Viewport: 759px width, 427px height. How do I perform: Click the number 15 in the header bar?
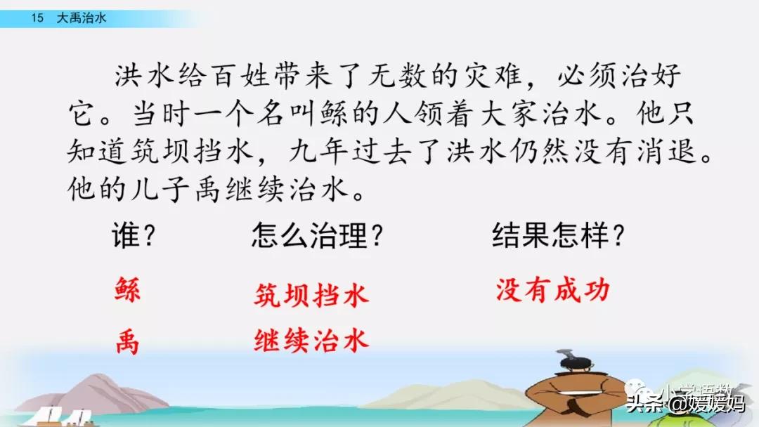(37, 18)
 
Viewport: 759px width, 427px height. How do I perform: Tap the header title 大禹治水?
(82, 18)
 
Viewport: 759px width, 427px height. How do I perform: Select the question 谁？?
(133, 235)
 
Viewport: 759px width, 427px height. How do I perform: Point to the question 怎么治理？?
(318, 235)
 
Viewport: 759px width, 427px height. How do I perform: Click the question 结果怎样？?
(558, 235)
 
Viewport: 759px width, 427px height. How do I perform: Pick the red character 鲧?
(128, 289)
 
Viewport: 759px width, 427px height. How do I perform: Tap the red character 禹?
(128, 342)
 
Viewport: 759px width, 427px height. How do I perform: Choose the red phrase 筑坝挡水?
(311, 295)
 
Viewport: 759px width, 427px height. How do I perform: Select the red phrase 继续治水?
(311, 340)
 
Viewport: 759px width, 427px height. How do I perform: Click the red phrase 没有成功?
(553, 290)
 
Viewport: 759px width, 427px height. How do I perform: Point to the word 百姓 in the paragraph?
(240, 76)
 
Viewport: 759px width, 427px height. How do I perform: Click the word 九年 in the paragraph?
(319, 151)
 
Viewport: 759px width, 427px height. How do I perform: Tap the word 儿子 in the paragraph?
(160, 189)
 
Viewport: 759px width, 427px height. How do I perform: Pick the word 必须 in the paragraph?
(587, 76)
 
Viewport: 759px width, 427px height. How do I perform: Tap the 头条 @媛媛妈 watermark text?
(686, 403)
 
